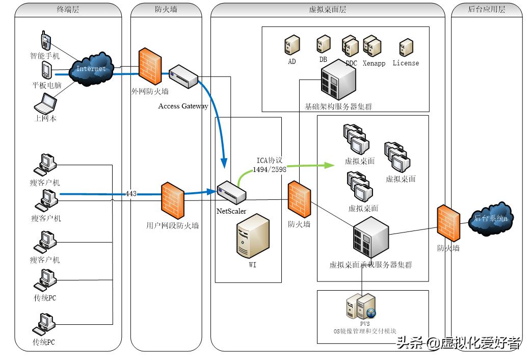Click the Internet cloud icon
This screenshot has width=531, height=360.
click(92, 68)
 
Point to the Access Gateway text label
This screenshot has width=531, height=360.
click(183, 106)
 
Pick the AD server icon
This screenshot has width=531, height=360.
click(291, 45)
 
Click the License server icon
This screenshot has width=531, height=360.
click(406, 47)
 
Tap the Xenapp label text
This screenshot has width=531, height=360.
click(374, 63)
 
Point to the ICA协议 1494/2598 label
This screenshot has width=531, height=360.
click(269, 164)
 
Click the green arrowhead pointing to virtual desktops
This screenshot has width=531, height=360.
click(329, 165)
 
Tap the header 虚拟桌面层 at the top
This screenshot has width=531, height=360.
click(328, 9)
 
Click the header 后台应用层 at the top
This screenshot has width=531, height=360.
click(486, 9)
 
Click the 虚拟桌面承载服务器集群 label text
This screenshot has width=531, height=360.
click(370, 265)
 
